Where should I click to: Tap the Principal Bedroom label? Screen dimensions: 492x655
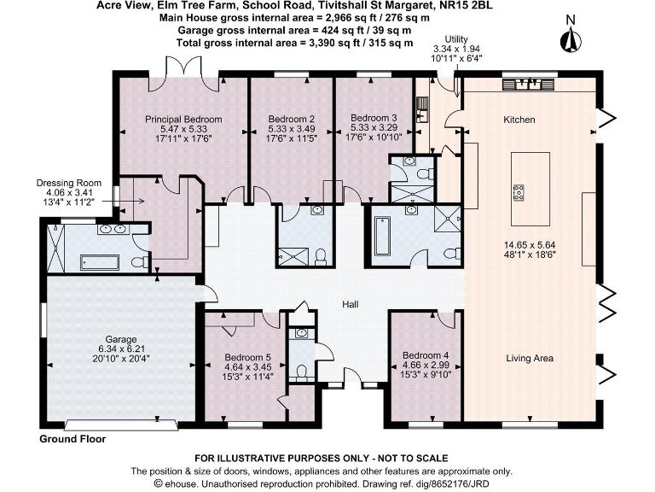click(183, 119)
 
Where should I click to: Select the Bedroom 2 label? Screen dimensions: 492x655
click(292, 119)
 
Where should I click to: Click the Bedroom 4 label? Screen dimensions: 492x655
click(424, 355)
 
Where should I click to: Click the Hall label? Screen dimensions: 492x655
click(351, 305)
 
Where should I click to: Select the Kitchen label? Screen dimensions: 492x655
click(519, 120)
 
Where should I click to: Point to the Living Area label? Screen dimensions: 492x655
click(529, 358)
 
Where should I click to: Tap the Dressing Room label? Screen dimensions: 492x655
click(68, 183)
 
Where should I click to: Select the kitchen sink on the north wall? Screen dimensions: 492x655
click(521, 85)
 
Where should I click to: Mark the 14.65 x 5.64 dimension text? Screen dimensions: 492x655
click(529, 243)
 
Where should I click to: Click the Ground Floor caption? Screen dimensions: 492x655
click(72, 438)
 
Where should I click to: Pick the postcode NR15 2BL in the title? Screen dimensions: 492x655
click(468, 6)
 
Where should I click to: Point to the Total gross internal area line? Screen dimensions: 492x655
click(294, 42)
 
